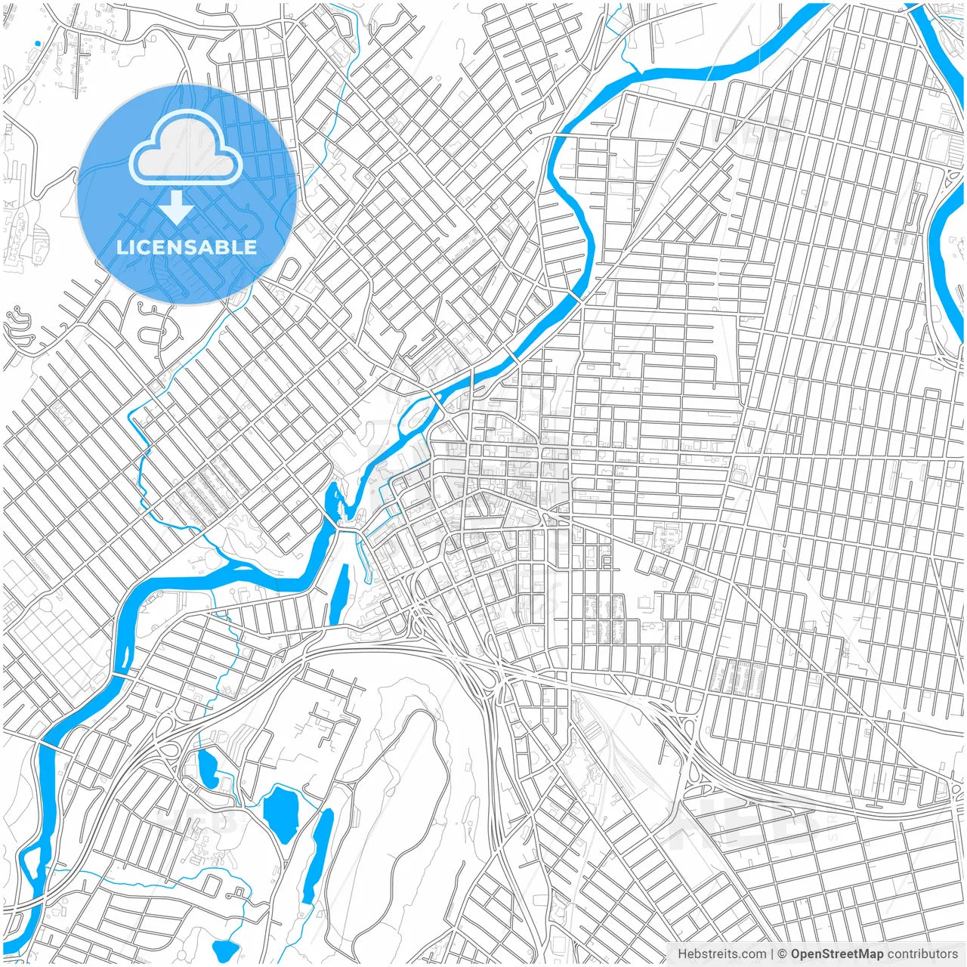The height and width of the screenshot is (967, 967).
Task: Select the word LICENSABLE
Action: (187, 247)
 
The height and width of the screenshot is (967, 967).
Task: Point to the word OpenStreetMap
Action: (836, 954)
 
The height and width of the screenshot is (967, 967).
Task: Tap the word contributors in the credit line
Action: (922, 954)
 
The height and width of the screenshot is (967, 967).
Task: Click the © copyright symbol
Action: (783, 954)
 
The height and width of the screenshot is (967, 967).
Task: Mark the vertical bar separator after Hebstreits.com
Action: (773, 954)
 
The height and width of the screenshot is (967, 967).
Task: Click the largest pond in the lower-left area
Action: (280, 813)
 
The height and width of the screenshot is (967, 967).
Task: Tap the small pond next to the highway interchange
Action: (206, 765)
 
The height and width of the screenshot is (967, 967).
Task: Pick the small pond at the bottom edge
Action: (225, 949)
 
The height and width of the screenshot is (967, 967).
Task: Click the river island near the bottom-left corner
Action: (30, 869)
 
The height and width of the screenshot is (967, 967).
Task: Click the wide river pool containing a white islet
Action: (333, 502)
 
